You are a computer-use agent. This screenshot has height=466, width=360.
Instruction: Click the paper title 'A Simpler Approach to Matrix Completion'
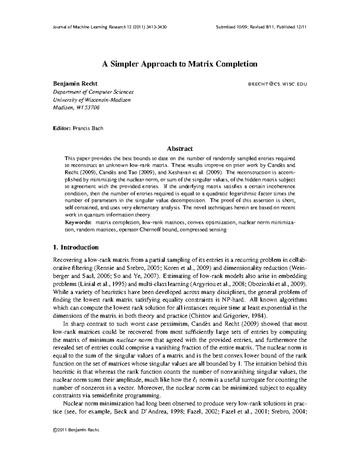[180, 64]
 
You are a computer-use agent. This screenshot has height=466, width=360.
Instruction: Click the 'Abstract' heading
[180, 149]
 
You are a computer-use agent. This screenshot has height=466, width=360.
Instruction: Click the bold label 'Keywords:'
[78, 223]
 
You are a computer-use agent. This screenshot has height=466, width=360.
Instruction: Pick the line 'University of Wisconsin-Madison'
[92, 100]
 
